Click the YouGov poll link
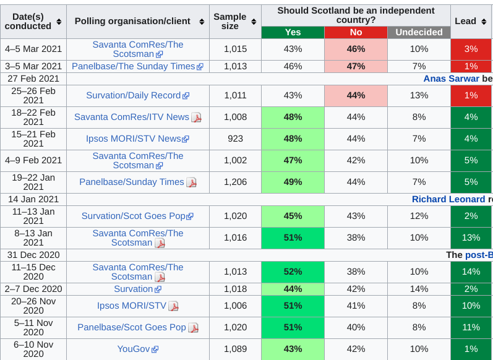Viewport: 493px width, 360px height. click(134, 349)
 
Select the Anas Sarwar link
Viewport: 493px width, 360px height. click(451, 79)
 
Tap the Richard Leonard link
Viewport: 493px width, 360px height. click(448, 199)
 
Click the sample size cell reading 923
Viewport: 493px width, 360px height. click(235, 139)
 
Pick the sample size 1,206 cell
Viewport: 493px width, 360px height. click(235, 182)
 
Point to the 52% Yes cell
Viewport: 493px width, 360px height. click(293, 272)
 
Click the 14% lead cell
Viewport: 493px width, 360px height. click(471, 272)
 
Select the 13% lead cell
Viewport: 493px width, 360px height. click(471, 238)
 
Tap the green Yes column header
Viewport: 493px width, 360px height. click(293, 32)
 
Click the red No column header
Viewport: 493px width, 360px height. click(356, 32)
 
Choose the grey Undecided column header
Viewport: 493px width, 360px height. click(419, 32)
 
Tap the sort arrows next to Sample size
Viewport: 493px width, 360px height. click(254, 22)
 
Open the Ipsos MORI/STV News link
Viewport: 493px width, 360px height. click(134, 139)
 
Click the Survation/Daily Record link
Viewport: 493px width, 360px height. click(134, 95)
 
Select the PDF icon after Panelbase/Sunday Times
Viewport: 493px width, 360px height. click(192, 182)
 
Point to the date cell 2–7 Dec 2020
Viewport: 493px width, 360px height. click(33, 289)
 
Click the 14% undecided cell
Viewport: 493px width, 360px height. click(419, 289)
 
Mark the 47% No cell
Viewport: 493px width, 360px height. click(356, 66)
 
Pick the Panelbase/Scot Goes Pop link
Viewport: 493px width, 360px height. click(132, 327)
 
